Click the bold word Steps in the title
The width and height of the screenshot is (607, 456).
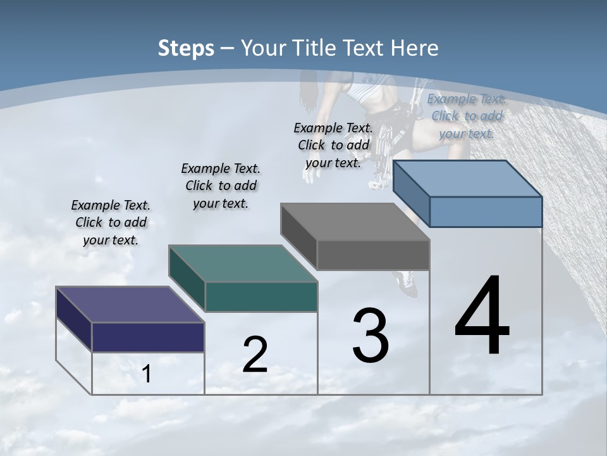pos(186,48)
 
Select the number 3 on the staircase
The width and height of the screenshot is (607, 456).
pos(371,336)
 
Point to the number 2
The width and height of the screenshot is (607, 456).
pos(255,355)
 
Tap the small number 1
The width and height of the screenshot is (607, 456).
pos(146,374)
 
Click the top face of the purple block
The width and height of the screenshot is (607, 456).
pos(130,305)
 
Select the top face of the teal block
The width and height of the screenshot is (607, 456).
pos(243,263)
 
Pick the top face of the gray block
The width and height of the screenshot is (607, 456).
pos(355,222)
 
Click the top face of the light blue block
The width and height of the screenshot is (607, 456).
pos(468,178)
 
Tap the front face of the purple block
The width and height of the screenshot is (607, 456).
pos(148,337)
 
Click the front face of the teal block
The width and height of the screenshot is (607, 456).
pos(261,296)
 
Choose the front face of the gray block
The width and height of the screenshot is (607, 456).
pos(373,255)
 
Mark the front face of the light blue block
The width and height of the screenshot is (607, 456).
pos(486,212)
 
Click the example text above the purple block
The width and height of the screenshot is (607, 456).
pos(111,222)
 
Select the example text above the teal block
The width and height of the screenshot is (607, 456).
pos(221,186)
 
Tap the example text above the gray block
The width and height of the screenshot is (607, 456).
pos(333,145)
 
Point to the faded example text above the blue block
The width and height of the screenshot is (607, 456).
pos(467,116)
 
